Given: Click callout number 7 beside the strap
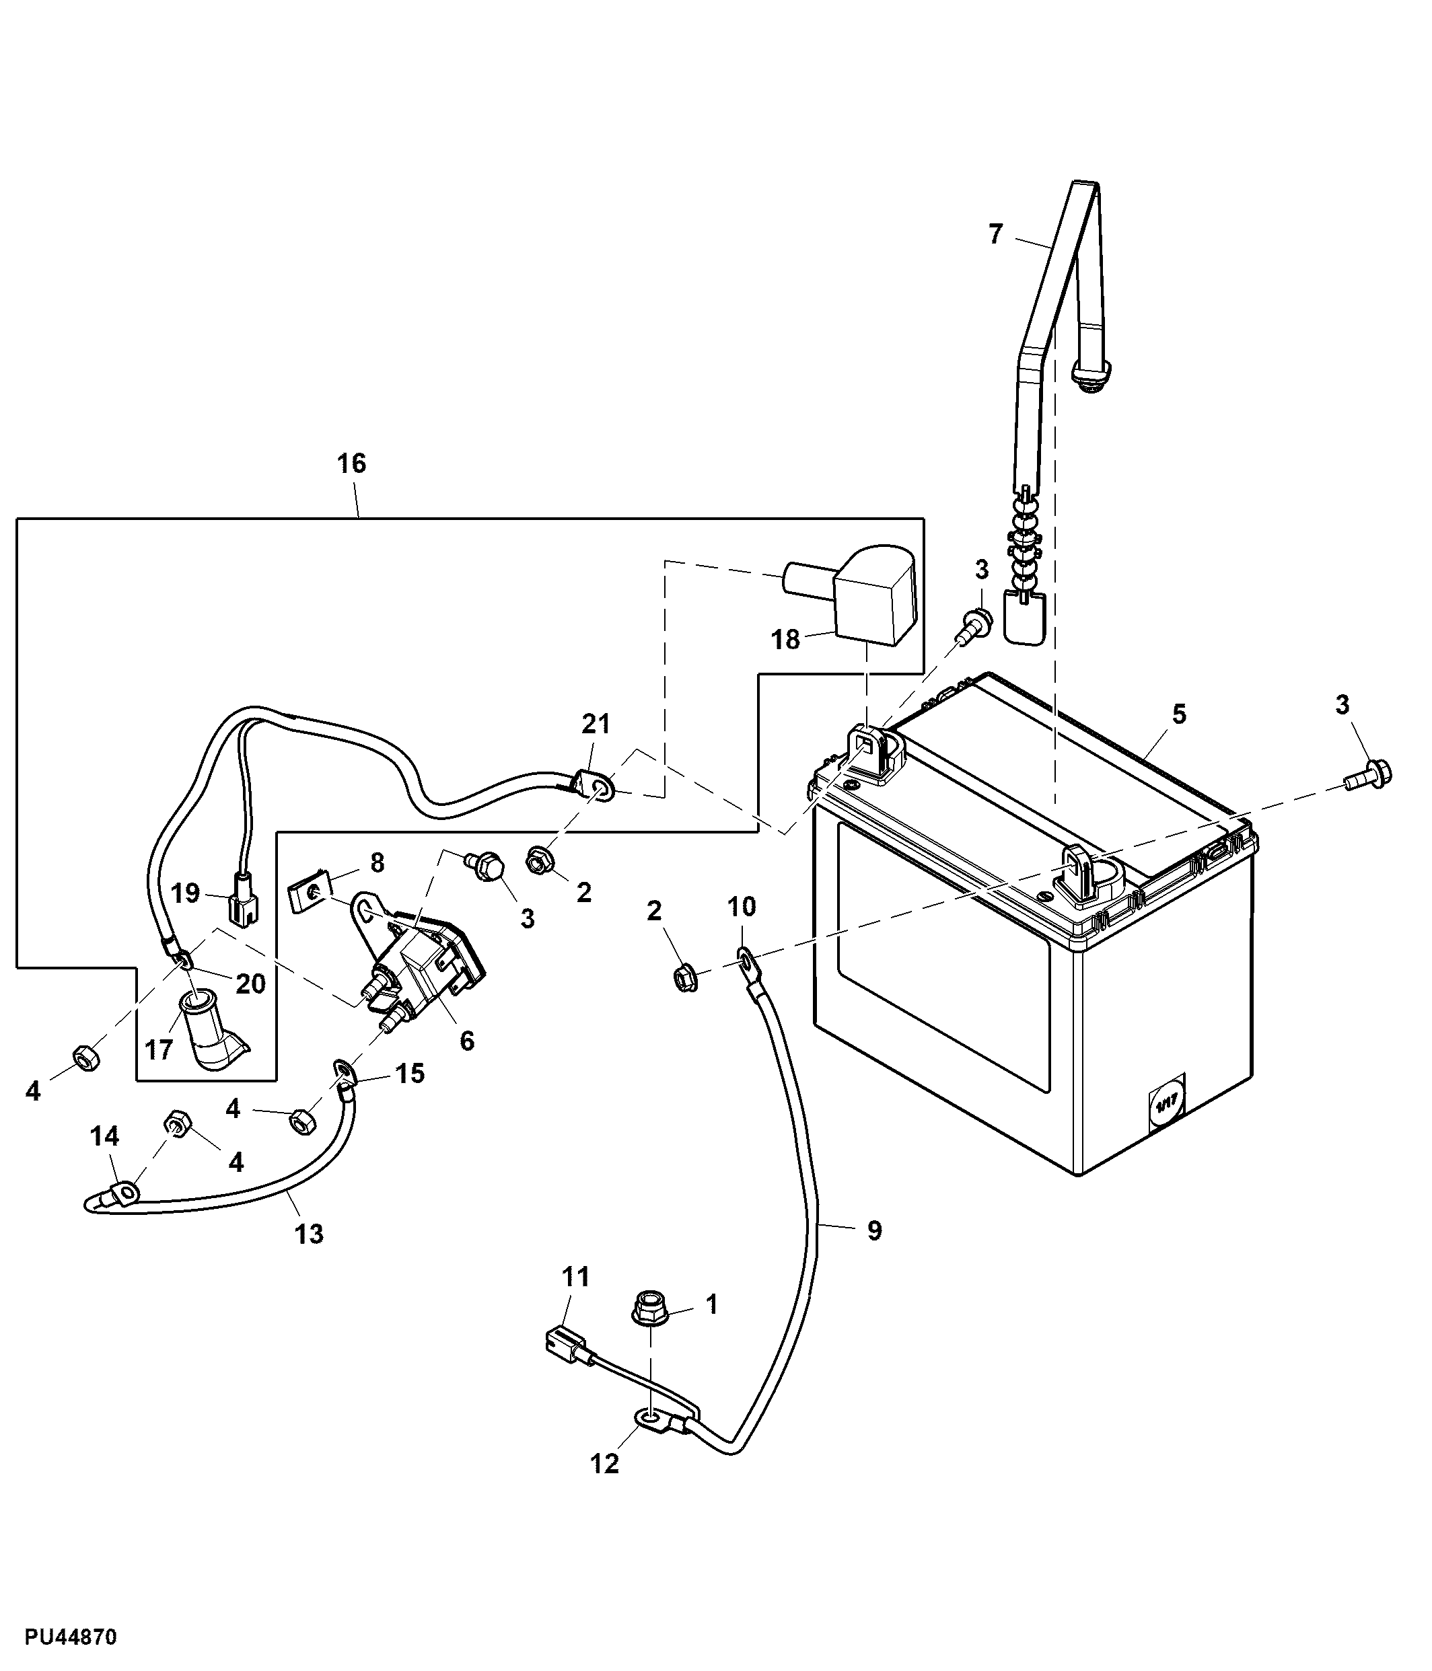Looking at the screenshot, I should click(x=995, y=235).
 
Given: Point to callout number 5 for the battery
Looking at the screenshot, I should click(x=1179, y=714).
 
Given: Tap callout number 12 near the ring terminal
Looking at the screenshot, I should click(x=604, y=1463).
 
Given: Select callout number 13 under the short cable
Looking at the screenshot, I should click(x=309, y=1233).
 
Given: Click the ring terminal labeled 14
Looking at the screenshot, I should click(x=125, y=1190).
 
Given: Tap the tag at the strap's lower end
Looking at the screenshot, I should click(x=1025, y=618).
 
